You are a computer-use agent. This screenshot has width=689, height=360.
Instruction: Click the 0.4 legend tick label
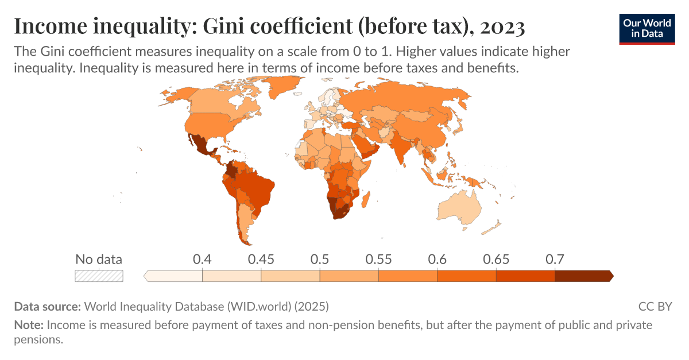pyautogui.click(x=202, y=259)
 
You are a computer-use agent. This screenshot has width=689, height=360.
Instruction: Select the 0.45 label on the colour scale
pyautogui.click(x=261, y=259)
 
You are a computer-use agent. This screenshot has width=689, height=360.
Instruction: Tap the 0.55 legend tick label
pyautogui.click(x=378, y=259)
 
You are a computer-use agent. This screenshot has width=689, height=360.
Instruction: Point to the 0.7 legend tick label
pyautogui.click(x=555, y=259)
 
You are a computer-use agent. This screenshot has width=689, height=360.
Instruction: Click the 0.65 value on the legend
pyautogui.click(x=496, y=259)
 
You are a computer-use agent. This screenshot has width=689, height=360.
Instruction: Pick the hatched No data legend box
pyautogui.click(x=99, y=276)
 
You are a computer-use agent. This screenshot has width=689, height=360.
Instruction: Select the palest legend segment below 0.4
pyautogui.click(x=174, y=276)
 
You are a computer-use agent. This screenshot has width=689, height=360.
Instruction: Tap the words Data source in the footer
pyautogui.click(x=48, y=306)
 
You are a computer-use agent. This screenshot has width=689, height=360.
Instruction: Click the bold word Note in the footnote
pyautogui.click(x=28, y=325)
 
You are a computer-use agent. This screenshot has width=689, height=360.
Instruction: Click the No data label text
pyautogui.click(x=99, y=259)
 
